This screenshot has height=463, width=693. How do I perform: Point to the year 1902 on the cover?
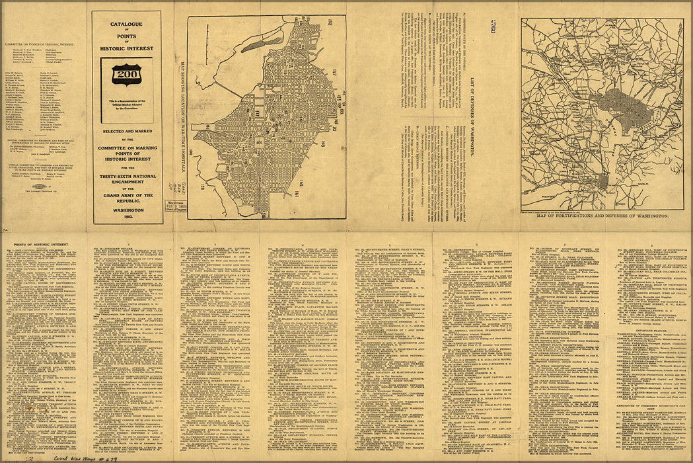coord(126,217)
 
